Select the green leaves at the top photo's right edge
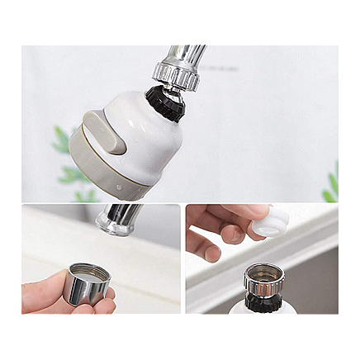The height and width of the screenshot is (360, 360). pyautogui.click(x=331, y=186)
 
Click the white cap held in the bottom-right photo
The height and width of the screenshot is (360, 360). pyautogui.click(x=272, y=221)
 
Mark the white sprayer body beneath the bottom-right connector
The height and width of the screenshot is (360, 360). pyautogui.click(x=248, y=310)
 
